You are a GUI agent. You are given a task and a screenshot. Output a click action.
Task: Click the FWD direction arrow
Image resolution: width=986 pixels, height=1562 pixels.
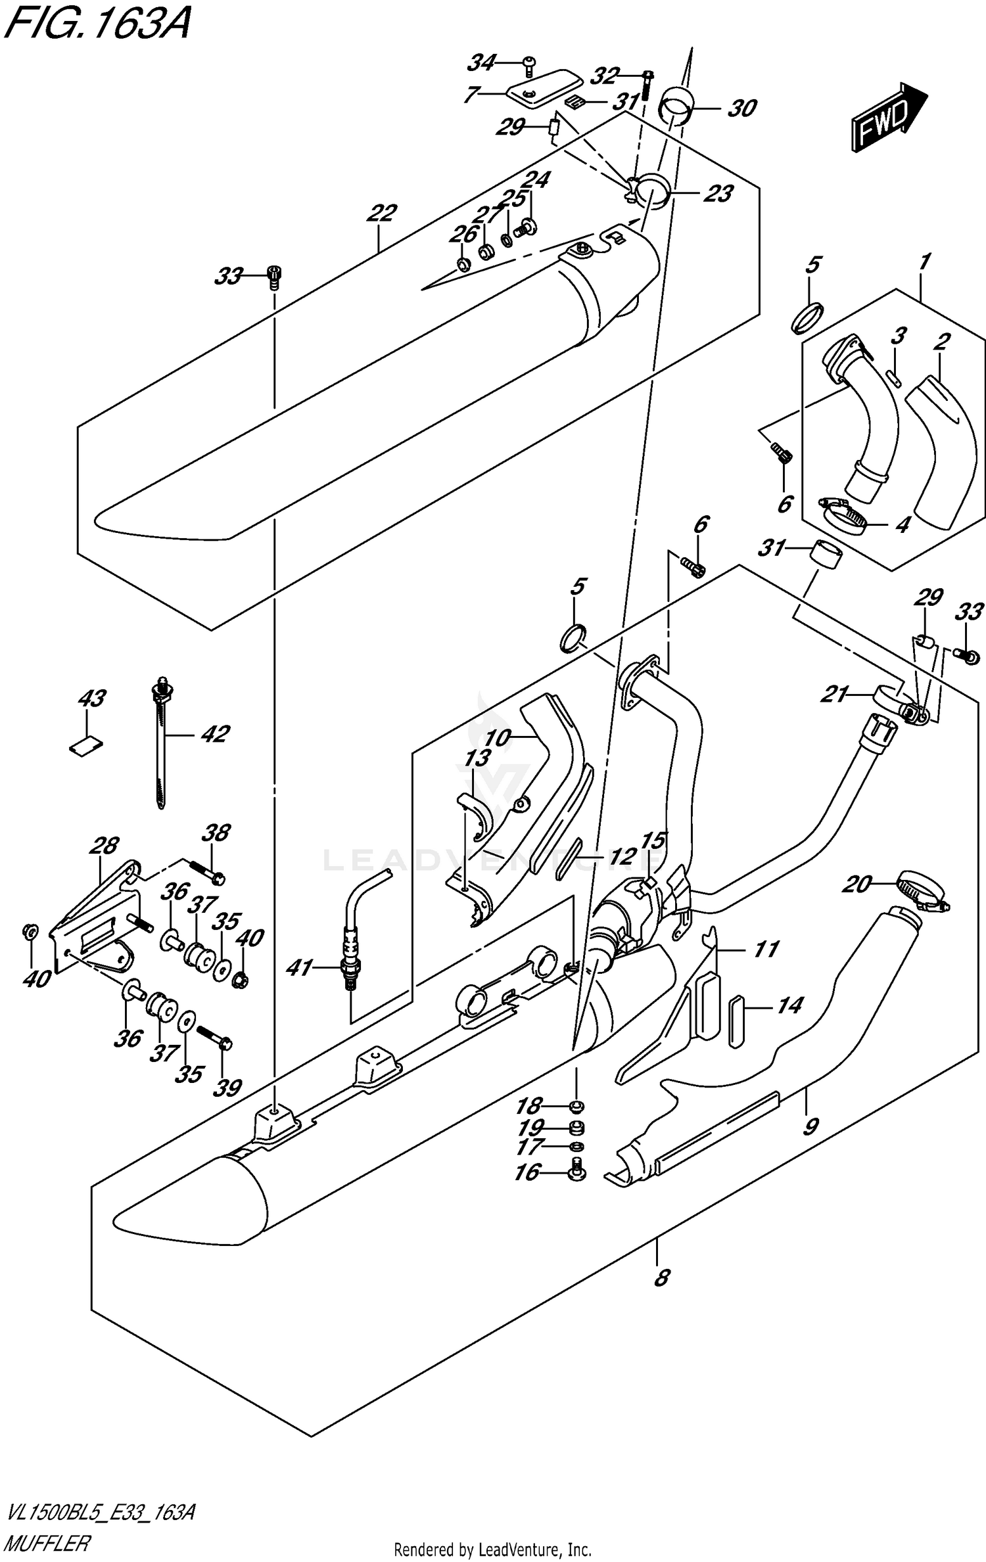tap(889, 118)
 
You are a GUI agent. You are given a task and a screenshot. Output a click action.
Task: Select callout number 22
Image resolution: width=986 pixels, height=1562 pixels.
tap(382, 213)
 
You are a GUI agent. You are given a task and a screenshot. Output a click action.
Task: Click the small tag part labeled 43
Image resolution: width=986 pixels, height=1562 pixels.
tap(86, 745)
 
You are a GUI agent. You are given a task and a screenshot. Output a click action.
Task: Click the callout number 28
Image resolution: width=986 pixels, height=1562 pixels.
tap(105, 846)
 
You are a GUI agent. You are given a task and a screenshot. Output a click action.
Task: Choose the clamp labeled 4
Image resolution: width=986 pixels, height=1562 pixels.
tap(844, 515)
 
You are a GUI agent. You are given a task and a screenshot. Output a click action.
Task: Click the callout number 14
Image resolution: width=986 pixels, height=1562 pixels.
tap(789, 1006)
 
